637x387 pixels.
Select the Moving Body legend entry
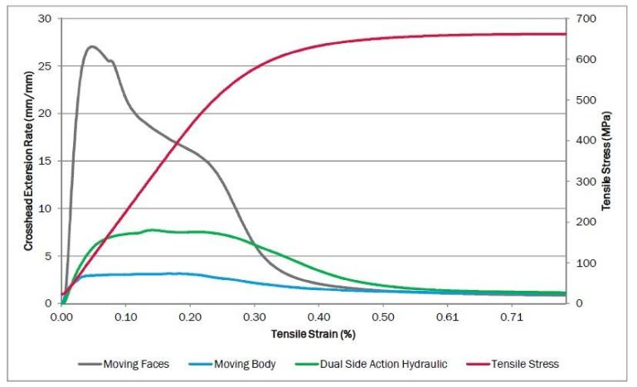pos(246,364)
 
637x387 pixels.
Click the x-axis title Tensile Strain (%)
pos(314,334)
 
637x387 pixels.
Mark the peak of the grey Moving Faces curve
pos(92,46)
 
